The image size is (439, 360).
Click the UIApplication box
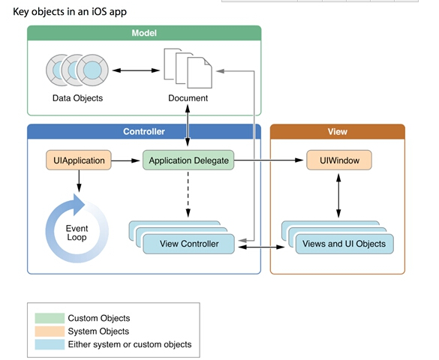(79, 160)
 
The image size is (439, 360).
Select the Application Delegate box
(188, 160)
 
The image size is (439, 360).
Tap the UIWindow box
(339, 160)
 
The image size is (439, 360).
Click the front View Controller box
(188, 244)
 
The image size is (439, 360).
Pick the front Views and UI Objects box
(344, 244)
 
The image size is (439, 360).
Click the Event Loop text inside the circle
(77, 232)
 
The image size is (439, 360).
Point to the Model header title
(144, 33)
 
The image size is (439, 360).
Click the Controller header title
(144, 131)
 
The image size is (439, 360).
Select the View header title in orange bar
(338, 131)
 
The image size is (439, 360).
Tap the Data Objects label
(77, 98)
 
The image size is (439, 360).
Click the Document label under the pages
(188, 98)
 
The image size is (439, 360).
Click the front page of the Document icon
(200, 73)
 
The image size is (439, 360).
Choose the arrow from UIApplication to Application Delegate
(125, 160)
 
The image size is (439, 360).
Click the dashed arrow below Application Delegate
(188, 194)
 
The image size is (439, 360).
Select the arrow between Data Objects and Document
(136, 70)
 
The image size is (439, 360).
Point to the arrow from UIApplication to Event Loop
(79, 181)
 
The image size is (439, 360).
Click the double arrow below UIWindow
(338, 196)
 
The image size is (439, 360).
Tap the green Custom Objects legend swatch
(50, 318)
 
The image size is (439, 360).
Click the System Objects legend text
(98, 331)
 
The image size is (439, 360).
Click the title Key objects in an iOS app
(70, 12)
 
